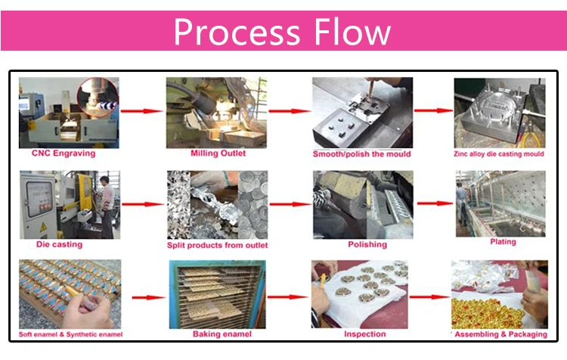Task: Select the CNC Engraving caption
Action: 64,154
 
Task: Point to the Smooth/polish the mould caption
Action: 362,154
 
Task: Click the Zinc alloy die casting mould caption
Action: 499,154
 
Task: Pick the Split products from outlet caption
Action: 218,245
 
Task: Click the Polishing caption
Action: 367,244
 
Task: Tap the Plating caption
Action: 503,242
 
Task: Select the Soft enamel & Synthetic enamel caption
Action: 70,334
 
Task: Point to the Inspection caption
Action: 364,334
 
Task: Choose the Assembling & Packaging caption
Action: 500,334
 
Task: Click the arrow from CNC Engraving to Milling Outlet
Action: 143,111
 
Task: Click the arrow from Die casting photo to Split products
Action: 143,204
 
